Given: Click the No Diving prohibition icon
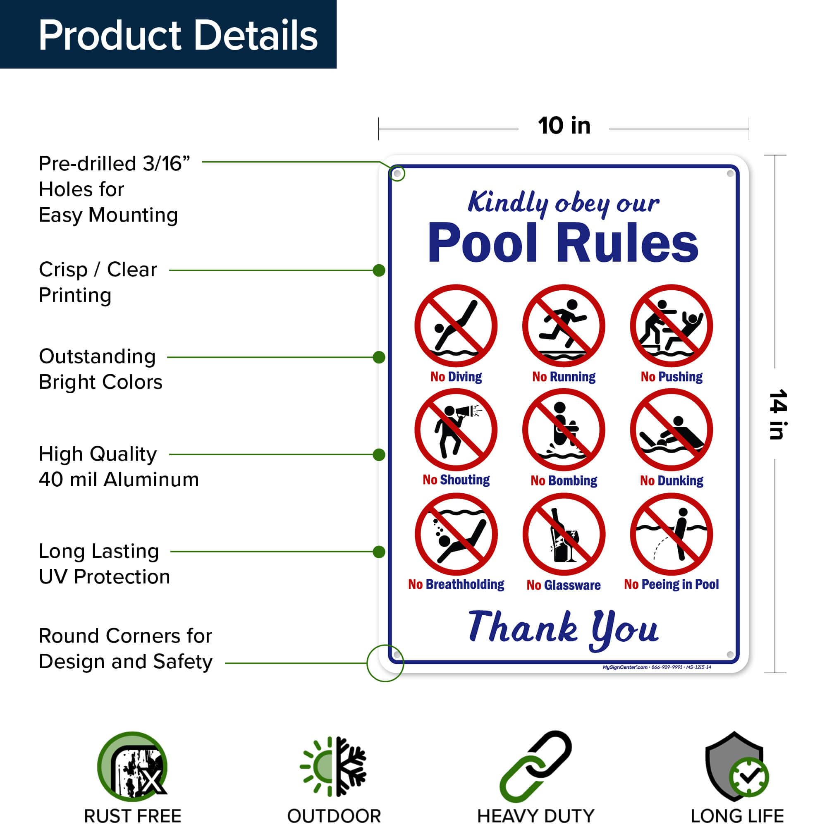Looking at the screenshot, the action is coord(456,326).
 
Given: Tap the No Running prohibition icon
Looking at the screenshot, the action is coord(563,326).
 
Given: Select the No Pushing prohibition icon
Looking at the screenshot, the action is coord(671,326).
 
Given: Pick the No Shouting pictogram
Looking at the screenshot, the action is coord(456,430).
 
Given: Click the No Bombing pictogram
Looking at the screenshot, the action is coord(563,430).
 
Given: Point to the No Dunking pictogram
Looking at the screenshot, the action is coord(671,430).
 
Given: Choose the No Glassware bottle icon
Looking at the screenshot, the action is coord(563,534).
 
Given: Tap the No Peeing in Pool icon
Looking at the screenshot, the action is coord(671,534).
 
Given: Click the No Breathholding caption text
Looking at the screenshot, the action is coord(456,584).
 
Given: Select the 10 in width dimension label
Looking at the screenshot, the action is coord(564,126).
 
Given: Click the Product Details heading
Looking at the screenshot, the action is coord(178,35).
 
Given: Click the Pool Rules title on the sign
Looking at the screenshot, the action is coord(563,243).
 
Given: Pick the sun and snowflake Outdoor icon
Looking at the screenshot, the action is coord(333,766).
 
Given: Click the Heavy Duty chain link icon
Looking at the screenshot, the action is coord(535,766).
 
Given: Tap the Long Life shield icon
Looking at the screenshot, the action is coord(736,766).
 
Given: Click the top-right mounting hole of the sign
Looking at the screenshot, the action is coord(730,174).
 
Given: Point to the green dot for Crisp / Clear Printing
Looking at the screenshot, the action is coord(379,270).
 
